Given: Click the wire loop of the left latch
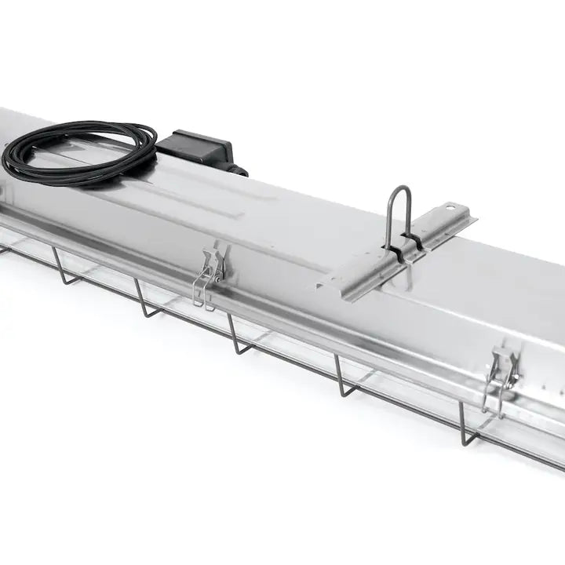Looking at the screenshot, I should (x=202, y=291).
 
